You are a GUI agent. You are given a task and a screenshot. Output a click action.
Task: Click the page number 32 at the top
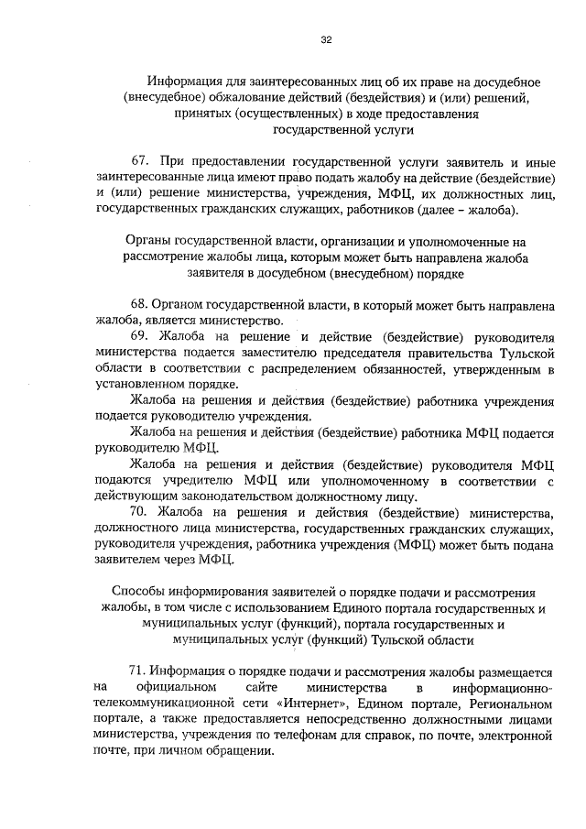325,40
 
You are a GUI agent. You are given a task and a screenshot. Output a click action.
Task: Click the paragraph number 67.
141,162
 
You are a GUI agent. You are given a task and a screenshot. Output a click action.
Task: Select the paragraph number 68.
140,304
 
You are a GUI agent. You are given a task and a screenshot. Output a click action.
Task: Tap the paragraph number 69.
140,337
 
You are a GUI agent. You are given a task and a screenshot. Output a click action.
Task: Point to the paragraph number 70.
140,510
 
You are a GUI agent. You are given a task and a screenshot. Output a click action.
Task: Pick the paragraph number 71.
139,671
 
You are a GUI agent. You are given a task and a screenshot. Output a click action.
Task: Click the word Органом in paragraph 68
183,304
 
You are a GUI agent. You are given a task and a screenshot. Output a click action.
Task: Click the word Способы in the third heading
137,593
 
